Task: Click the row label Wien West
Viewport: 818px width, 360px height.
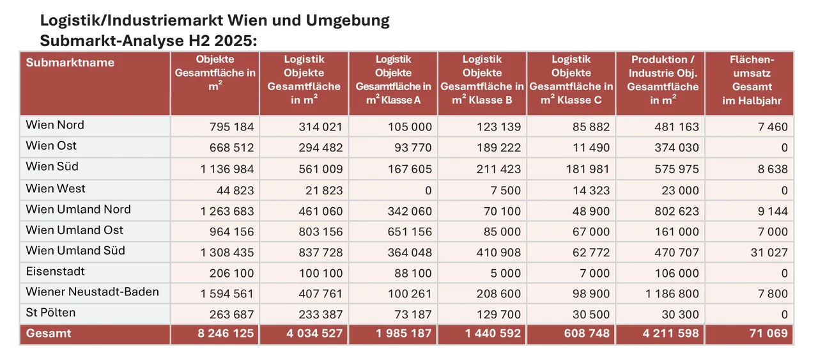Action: click(x=56, y=189)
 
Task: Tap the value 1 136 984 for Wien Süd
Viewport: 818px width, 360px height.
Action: click(x=223, y=169)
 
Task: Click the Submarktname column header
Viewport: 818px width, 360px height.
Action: click(x=70, y=63)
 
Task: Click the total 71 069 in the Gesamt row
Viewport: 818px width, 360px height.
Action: click(x=769, y=333)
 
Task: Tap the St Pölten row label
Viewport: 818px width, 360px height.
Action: click(x=50, y=313)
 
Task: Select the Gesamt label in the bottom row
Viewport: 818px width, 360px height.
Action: click(x=49, y=333)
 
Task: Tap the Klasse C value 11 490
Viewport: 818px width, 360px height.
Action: click(x=592, y=147)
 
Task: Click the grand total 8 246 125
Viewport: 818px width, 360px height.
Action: click(x=223, y=333)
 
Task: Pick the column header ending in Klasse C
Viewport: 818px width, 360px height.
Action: click(x=571, y=80)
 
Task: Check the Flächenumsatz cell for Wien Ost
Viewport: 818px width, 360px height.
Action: click(x=784, y=147)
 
